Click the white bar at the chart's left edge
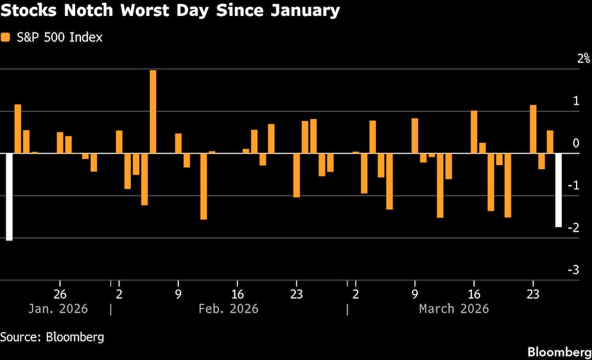[9, 197]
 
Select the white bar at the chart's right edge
[558, 190]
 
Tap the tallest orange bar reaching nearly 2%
[153, 111]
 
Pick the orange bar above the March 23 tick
[533, 129]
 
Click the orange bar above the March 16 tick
[474, 132]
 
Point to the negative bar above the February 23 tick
[297, 175]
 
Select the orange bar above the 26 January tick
[60, 143]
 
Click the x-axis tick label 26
[59, 294]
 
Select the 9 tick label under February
[178, 294]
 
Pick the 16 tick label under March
[474, 294]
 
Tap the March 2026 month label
[453, 309]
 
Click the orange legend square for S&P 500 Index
[6, 37]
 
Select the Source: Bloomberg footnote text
[52, 337]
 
